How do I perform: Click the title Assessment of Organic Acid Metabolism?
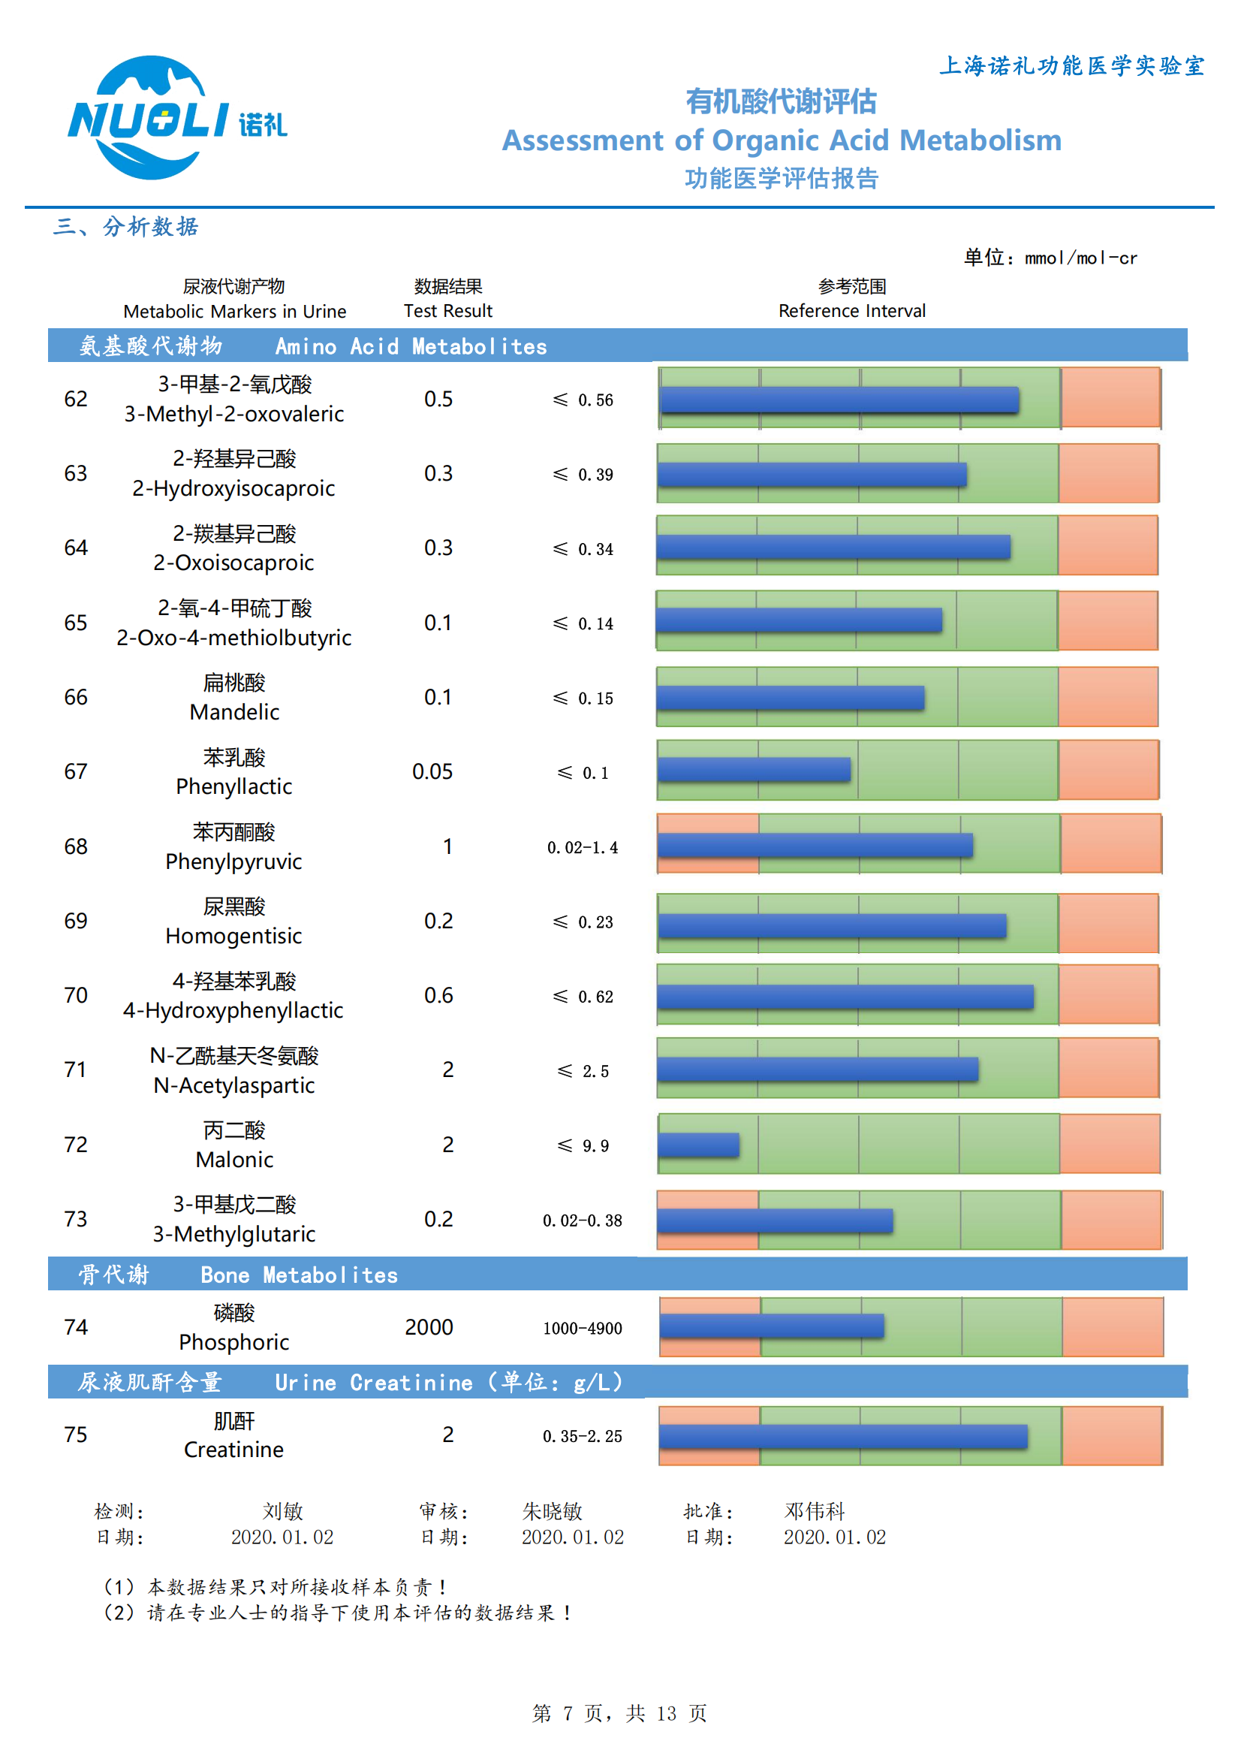pos(781,140)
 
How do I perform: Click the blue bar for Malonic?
pos(698,1145)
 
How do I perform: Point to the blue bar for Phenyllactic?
pos(754,769)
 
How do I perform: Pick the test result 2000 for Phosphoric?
pos(428,1327)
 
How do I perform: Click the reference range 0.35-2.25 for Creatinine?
pos(582,1436)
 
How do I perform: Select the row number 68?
pos(76,846)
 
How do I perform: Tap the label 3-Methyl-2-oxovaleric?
pos(234,414)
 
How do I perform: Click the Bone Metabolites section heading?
pos(298,1275)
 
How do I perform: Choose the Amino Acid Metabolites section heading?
pos(410,346)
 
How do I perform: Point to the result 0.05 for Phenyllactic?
pos(432,771)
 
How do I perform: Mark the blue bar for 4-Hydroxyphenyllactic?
pos(845,997)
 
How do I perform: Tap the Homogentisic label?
pos(233,936)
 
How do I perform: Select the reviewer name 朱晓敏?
pos(551,1511)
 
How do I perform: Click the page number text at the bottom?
pos(619,1713)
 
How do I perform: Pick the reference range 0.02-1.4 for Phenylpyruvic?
pos(582,847)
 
